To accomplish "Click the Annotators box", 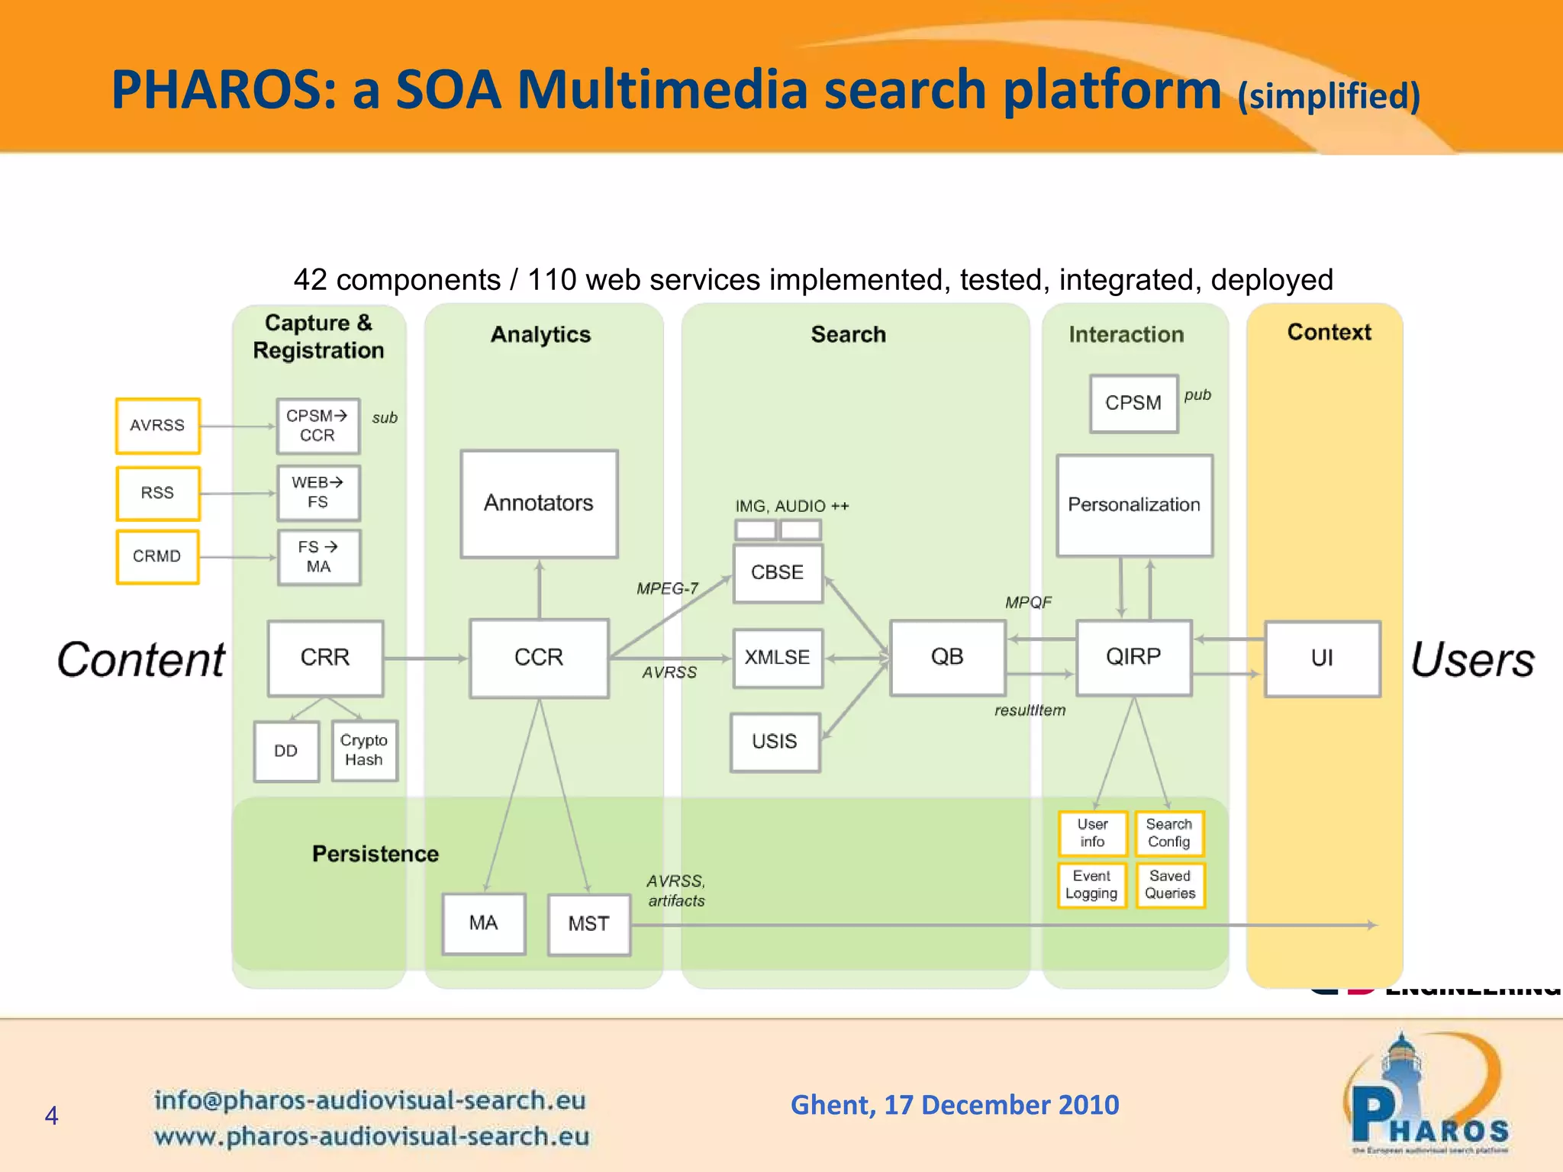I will (539, 504).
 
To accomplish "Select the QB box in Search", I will (947, 657).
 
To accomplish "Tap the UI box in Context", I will (1322, 658).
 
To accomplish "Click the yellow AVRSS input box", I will (157, 425).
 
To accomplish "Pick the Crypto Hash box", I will (364, 750).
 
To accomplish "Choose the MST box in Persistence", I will (588, 924).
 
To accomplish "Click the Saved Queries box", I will (1169, 885).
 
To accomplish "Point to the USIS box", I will (775, 742).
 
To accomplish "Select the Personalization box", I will (1134, 505).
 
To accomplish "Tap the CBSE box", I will (777, 573).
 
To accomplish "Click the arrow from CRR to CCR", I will (425, 658).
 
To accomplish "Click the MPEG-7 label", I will (667, 588).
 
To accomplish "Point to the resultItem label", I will (1030, 710).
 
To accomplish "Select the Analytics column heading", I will (540, 334).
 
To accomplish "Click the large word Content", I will (141, 659).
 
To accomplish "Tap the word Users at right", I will (1472, 659).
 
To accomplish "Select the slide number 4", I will (51, 1116).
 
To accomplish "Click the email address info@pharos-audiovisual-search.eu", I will (370, 1100).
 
